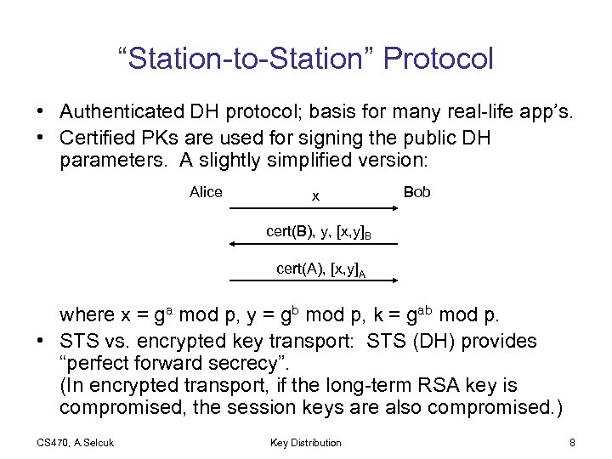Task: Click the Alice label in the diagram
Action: tap(206, 192)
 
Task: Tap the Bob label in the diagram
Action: tap(416, 192)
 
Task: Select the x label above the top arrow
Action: tap(315, 195)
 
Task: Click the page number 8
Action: tap(572, 442)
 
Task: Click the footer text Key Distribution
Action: tap(305, 442)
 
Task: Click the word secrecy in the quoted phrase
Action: tap(209, 363)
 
